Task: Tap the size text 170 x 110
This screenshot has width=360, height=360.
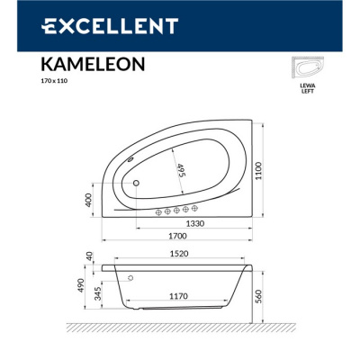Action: [56, 80]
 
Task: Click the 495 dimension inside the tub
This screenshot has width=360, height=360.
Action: [181, 170]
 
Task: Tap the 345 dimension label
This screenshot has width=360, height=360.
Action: [97, 292]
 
